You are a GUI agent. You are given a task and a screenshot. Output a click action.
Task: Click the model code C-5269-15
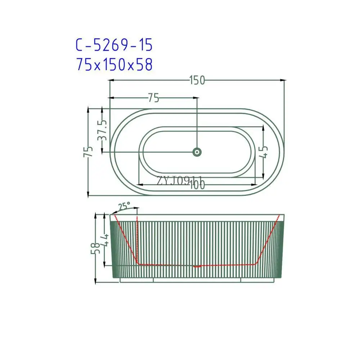(114, 45)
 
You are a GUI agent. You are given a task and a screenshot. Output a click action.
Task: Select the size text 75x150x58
(114, 65)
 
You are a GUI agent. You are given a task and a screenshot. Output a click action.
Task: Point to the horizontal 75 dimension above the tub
(153, 98)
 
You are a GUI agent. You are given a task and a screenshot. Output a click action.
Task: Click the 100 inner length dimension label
(197, 185)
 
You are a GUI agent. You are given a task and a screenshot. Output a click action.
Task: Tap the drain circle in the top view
(197, 152)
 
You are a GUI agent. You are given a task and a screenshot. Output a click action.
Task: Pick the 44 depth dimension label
(105, 240)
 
